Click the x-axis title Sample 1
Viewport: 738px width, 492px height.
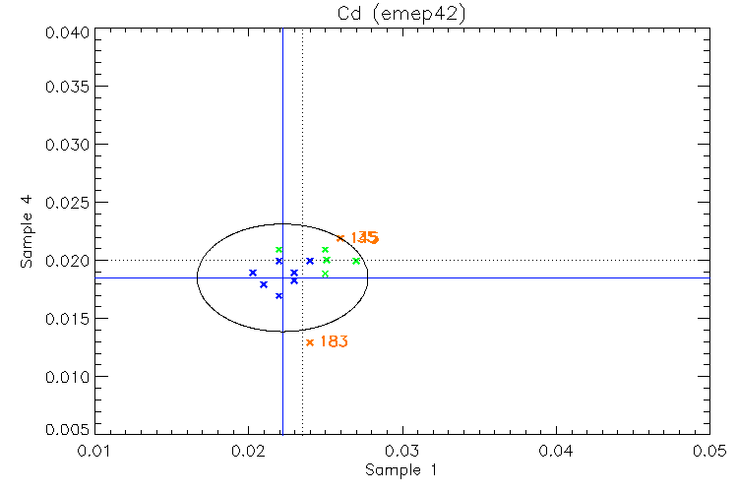[400, 469]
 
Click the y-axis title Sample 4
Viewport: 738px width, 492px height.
[28, 232]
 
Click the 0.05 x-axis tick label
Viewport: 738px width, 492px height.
[708, 450]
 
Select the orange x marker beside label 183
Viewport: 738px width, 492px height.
[310, 342]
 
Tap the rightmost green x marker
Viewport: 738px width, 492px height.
[356, 261]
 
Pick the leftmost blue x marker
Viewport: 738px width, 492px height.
[253, 273]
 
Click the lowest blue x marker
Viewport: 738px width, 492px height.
[279, 295]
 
